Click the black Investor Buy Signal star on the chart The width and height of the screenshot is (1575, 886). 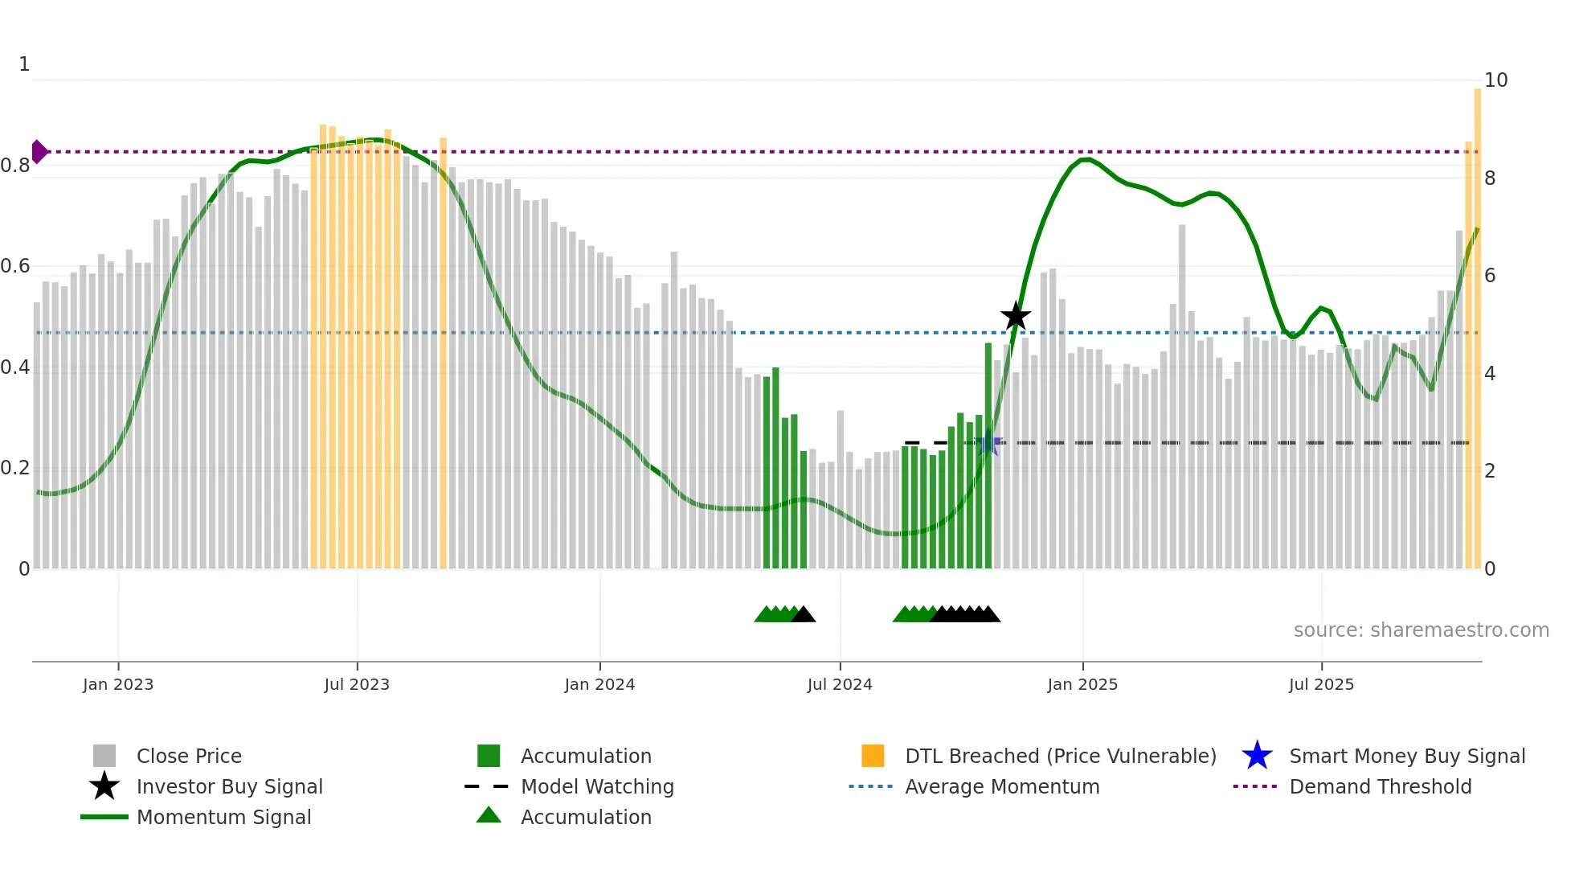[x=1016, y=316]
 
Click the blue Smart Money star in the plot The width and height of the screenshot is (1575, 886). [x=988, y=443]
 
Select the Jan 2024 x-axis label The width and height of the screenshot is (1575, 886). [x=599, y=684]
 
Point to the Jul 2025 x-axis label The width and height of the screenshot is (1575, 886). [x=1321, y=684]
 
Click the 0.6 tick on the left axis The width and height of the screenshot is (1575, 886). [x=15, y=266]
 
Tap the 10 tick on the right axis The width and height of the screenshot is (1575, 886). [x=1495, y=80]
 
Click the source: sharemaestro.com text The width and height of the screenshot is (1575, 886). [x=1421, y=630]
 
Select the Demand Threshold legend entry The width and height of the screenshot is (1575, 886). [x=1380, y=786]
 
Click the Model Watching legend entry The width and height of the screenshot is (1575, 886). [x=597, y=786]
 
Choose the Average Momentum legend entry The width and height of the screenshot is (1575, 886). [x=1001, y=786]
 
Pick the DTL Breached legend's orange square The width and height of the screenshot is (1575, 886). [x=873, y=756]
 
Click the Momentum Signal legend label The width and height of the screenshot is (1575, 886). [x=223, y=817]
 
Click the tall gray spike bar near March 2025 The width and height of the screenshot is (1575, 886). [x=1182, y=394]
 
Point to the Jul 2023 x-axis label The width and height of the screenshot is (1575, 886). [x=357, y=684]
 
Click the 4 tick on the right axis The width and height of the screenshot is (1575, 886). [x=1489, y=374]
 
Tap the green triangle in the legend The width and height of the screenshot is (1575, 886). [x=489, y=815]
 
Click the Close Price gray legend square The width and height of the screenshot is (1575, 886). [x=104, y=756]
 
